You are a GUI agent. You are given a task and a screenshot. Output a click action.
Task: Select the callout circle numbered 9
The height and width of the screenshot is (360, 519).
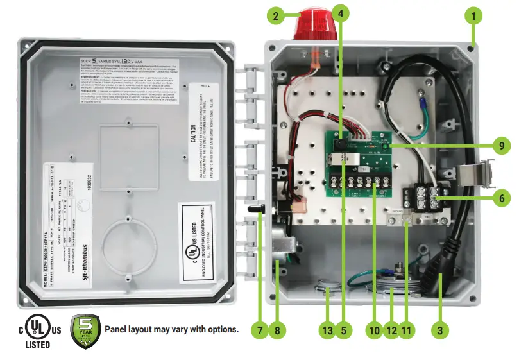tap(501, 146)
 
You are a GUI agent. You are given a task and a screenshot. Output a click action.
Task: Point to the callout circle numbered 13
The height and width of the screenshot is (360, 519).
tap(328, 330)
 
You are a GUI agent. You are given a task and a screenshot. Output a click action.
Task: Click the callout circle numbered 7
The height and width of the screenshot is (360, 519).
tap(260, 330)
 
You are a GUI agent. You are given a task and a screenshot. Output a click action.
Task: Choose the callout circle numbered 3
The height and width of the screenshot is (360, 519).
tap(439, 330)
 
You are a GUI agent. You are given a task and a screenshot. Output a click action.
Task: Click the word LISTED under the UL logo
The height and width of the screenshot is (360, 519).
tap(38, 345)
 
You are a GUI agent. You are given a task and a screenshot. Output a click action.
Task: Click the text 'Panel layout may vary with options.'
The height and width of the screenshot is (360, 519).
tap(171, 330)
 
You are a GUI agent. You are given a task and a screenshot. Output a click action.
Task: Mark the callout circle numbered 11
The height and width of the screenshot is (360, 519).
tap(406, 330)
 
